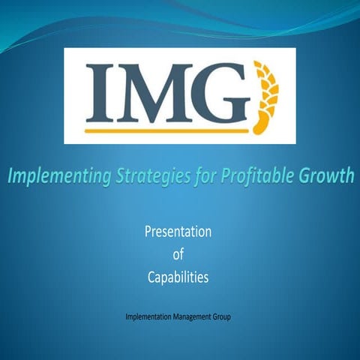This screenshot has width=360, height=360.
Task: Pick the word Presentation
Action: (178, 232)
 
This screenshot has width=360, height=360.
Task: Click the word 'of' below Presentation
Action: (178, 255)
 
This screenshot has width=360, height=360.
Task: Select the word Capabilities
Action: (178, 278)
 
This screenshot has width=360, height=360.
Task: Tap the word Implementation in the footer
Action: (149, 317)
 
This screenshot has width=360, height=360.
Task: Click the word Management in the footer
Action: (192, 317)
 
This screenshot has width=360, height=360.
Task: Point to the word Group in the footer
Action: (221, 317)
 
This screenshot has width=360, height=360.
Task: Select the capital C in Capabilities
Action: (150, 277)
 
